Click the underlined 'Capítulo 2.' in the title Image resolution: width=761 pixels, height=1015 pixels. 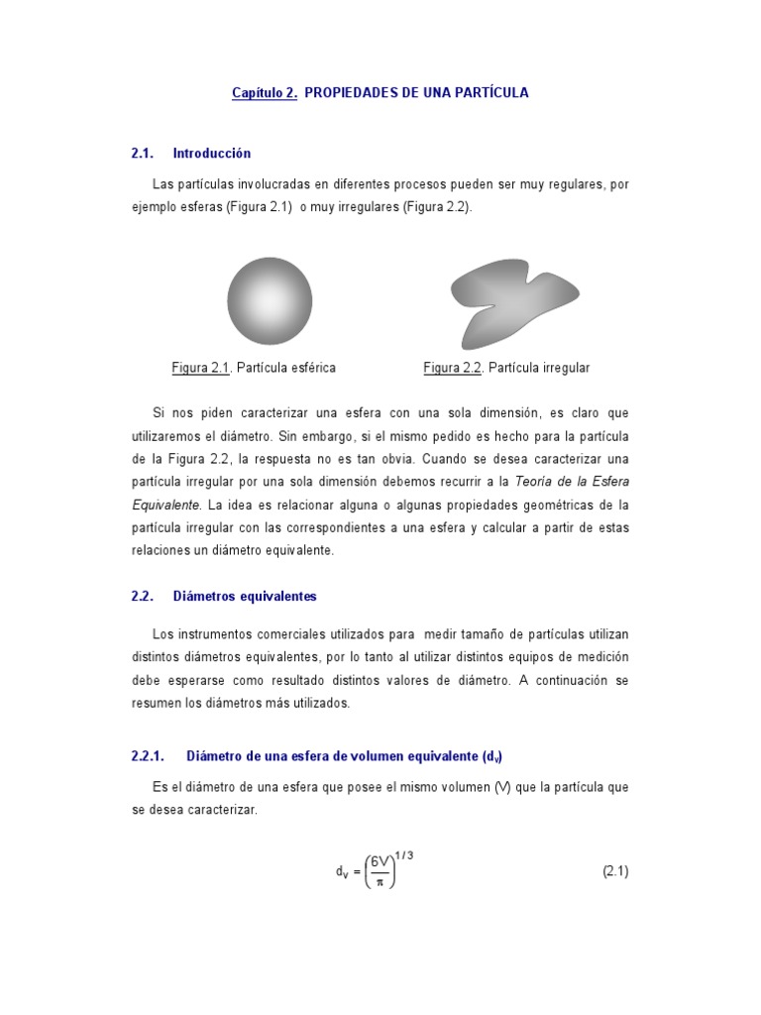click(x=265, y=93)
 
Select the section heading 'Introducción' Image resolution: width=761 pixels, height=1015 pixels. click(x=212, y=154)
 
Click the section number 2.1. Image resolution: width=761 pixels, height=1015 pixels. click(x=143, y=154)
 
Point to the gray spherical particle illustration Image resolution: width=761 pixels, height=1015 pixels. click(x=270, y=300)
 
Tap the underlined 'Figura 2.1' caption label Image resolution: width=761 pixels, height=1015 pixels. click(x=201, y=368)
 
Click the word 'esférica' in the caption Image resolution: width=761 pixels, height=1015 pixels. click(x=311, y=368)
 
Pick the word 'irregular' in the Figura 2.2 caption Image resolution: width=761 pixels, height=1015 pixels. click(x=566, y=368)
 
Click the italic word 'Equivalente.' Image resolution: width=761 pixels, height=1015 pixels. click(x=166, y=505)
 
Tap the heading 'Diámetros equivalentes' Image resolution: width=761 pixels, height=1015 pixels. click(x=245, y=597)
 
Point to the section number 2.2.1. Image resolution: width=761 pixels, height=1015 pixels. click(x=147, y=756)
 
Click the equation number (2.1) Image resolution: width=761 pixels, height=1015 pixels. click(x=615, y=872)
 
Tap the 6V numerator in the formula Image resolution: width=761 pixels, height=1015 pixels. click(x=380, y=862)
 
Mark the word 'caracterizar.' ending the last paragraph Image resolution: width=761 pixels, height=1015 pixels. click(x=224, y=810)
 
